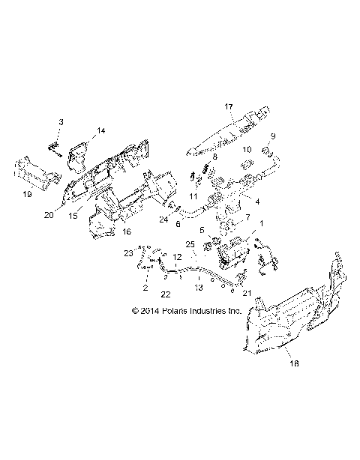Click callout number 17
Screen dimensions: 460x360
[228, 106]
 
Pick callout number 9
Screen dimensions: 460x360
[273, 136]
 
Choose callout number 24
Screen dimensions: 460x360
[162, 220]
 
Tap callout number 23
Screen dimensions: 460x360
[127, 253]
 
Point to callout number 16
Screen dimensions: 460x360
[126, 232]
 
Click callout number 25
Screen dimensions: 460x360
[190, 246]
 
